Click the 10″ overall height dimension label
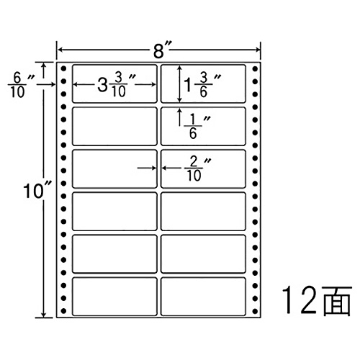[37, 191]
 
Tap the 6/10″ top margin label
[21, 85]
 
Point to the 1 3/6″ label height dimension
[202, 85]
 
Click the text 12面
[317, 300]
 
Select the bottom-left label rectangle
[114, 297]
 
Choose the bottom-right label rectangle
[203, 297]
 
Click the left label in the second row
[114, 126]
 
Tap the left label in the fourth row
[114, 212]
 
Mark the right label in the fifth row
[203, 254]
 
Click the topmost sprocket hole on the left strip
[63, 69]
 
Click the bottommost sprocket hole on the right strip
[255, 311]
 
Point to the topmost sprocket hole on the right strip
[255, 69]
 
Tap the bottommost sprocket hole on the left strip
[63, 311]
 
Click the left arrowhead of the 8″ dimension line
[60, 50]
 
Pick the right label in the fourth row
[203, 212]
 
